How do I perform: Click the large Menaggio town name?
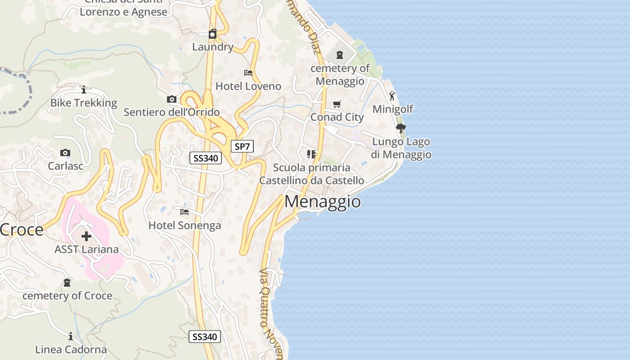tap(322, 202)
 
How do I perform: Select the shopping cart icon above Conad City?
tap(337, 104)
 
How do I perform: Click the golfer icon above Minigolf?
tap(392, 95)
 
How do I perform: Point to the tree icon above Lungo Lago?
tap(400, 128)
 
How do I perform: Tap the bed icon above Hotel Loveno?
tap(248, 73)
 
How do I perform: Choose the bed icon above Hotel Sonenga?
tap(184, 211)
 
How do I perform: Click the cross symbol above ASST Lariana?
tap(86, 236)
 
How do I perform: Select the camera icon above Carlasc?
tap(65, 153)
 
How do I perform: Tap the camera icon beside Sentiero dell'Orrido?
tap(171, 99)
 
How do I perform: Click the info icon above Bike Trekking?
tap(83, 90)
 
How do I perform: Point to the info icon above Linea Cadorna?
tap(71, 336)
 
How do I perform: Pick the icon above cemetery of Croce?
tap(67, 283)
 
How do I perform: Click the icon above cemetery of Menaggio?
tap(340, 55)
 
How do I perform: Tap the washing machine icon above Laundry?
tap(213, 34)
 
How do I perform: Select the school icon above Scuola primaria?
tap(311, 154)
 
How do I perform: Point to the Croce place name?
tap(22, 230)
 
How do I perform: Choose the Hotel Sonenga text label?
tap(184, 225)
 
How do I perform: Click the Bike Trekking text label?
tap(84, 103)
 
